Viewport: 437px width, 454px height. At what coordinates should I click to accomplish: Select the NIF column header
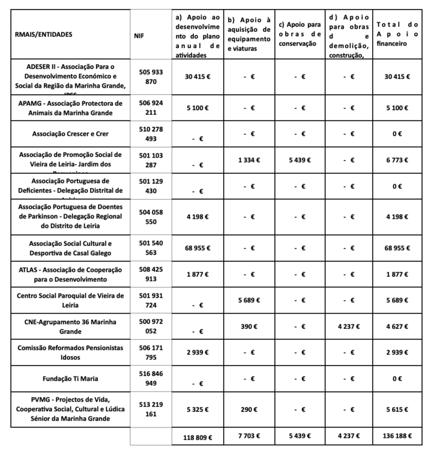139,35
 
